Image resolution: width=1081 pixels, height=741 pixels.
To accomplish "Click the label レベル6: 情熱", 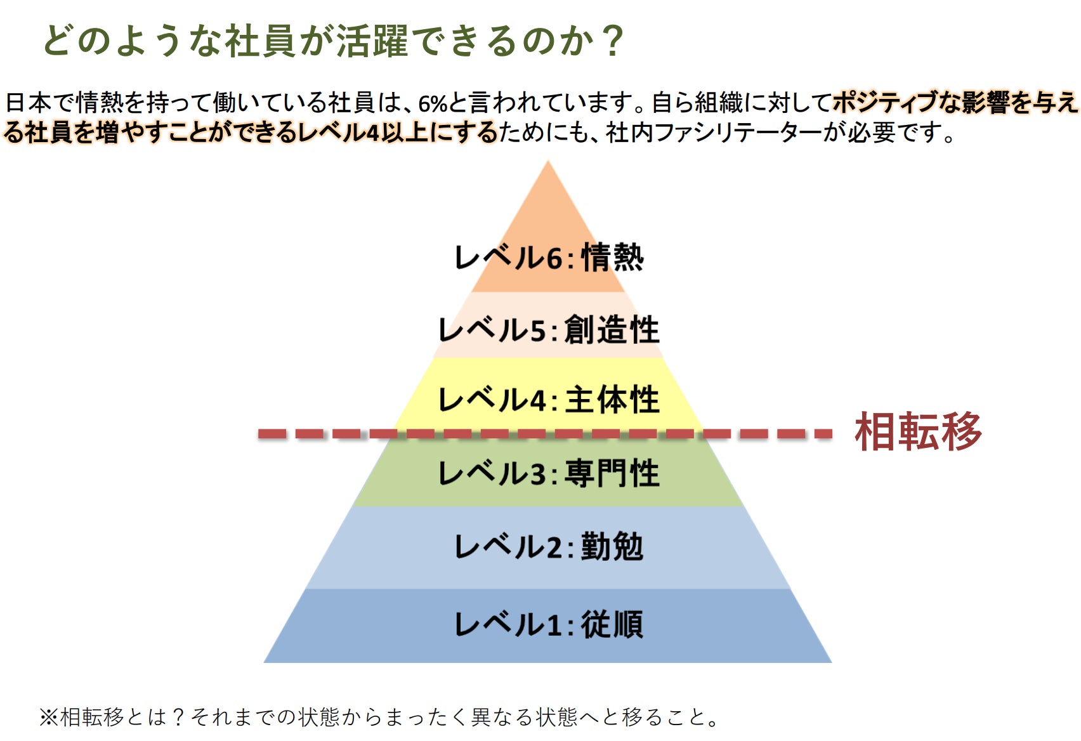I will click(549, 258).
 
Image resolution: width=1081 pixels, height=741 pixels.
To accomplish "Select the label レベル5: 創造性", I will click(549, 330).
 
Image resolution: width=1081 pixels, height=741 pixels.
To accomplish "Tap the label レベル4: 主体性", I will click(549, 400).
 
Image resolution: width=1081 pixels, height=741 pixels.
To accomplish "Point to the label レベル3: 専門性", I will click(549, 473).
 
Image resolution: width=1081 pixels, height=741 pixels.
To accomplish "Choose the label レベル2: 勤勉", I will click(549, 547).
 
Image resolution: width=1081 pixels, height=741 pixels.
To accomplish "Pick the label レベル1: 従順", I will click(549, 624).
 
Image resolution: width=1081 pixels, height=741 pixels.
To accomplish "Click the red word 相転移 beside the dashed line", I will click(918, 433).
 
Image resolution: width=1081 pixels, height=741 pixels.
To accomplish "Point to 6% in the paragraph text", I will click(433, 103).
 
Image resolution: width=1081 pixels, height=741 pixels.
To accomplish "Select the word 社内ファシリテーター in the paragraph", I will click(714, 133).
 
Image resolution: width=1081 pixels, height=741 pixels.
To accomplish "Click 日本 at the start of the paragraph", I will click(28, 103).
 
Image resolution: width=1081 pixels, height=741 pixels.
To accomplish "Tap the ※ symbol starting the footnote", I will click(48, 718).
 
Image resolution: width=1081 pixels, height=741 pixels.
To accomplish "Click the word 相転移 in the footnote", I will click(92, 718).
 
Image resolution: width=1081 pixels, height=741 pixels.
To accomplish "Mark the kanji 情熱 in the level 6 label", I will click(612, 258).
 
